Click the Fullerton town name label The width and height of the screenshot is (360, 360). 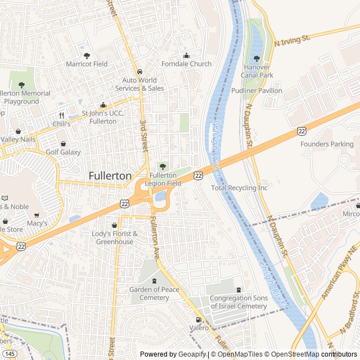110,176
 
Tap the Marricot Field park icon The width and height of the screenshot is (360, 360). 87,55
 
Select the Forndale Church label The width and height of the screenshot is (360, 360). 186,64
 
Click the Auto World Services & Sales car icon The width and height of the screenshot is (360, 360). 139,71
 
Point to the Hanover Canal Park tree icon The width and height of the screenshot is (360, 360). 256,58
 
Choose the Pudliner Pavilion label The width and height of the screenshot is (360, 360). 256,90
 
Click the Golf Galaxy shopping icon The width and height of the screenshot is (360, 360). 63,143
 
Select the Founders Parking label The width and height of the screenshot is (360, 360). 327,144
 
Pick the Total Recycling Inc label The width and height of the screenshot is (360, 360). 240,188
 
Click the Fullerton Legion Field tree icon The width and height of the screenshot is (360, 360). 163,166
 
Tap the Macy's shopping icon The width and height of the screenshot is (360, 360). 37,215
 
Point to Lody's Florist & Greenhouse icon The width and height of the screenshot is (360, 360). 115,225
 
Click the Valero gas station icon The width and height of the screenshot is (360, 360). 197,319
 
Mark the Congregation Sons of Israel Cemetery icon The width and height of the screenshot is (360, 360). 238,289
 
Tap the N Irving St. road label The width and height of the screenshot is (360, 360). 292,39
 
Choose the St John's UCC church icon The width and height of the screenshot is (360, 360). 103,105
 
